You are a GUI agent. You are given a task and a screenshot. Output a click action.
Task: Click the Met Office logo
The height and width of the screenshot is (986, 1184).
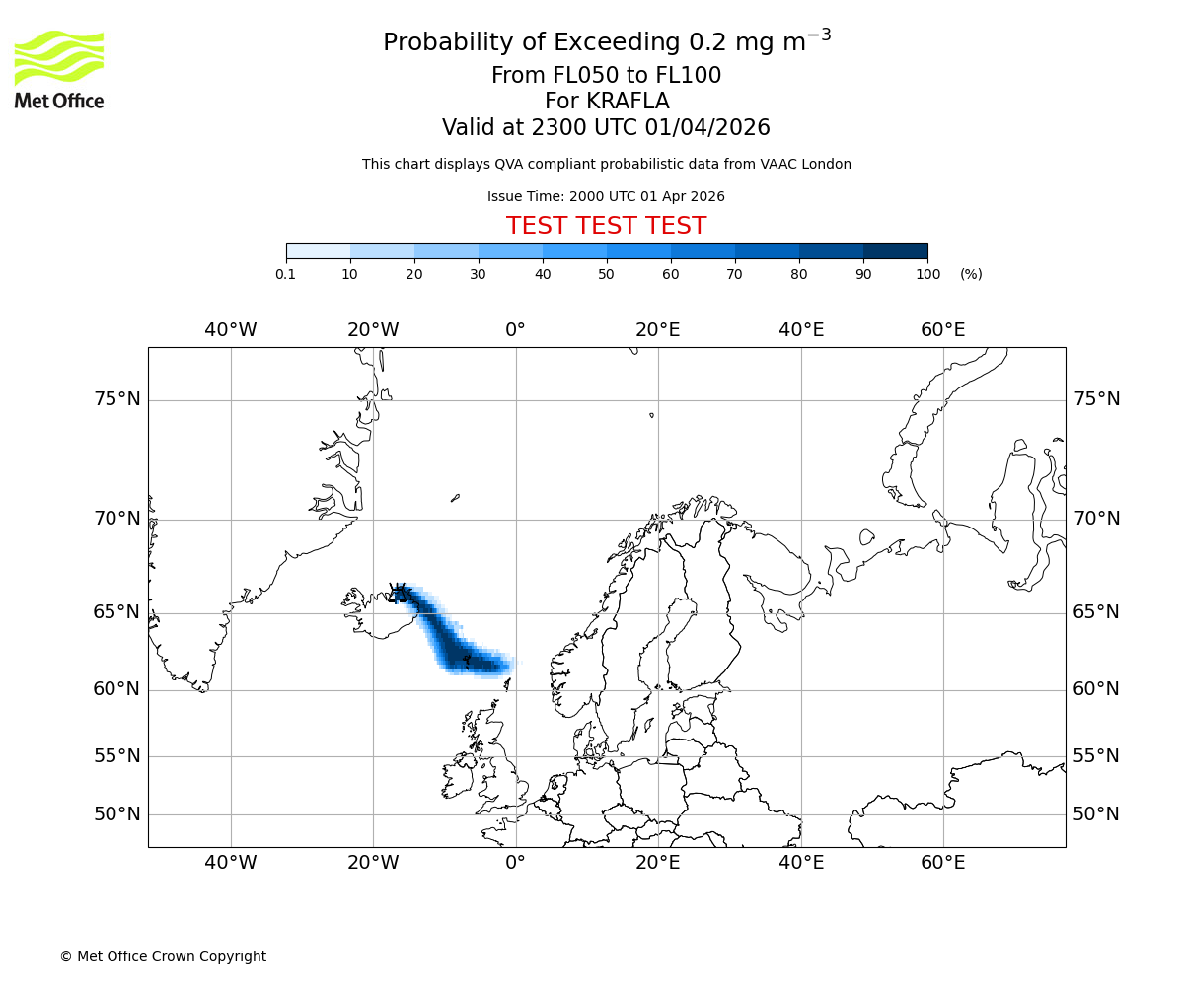[x=59, y=69]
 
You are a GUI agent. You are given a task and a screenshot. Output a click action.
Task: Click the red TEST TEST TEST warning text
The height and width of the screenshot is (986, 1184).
[x=606, y=227]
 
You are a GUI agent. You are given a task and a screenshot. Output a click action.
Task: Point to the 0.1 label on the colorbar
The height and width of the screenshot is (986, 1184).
[x=285, y=274]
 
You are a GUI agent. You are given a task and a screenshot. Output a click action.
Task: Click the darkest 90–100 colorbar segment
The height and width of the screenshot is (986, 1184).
[x=895, y=250]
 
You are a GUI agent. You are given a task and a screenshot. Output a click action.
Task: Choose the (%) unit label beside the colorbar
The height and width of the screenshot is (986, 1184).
[x=971, y=274]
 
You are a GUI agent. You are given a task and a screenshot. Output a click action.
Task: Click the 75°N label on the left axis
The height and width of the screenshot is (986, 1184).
[x=117, y=399]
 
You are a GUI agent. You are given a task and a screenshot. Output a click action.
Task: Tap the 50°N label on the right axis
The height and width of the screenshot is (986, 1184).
[x=1096, y=814]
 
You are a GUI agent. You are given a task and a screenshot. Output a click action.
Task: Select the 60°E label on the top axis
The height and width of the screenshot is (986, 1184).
[x=943, y=330]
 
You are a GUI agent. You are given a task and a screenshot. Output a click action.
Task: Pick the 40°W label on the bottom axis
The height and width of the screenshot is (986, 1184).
[x=231, y=864]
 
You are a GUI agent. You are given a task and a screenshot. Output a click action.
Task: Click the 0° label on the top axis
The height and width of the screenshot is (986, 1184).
[x=515, y=330]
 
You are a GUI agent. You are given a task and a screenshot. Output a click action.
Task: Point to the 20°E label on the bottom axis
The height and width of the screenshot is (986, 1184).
[x=658, y=864]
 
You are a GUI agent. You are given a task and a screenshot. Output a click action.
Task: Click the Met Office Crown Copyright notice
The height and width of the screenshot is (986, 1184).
[x=163, y=956]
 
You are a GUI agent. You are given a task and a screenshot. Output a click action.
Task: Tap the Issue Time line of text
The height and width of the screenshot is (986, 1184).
[x=606, y=196]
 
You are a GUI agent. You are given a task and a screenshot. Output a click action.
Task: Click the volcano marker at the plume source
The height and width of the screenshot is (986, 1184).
[x=399, y=593]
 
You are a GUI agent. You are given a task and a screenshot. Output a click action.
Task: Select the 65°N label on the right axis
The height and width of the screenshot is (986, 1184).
[x=1096, y=612]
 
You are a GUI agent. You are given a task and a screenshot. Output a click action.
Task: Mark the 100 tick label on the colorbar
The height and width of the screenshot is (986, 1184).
[x=927, y=274]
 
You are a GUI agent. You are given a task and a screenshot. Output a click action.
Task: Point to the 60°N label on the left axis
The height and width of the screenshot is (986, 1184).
[x=117, y=689]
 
